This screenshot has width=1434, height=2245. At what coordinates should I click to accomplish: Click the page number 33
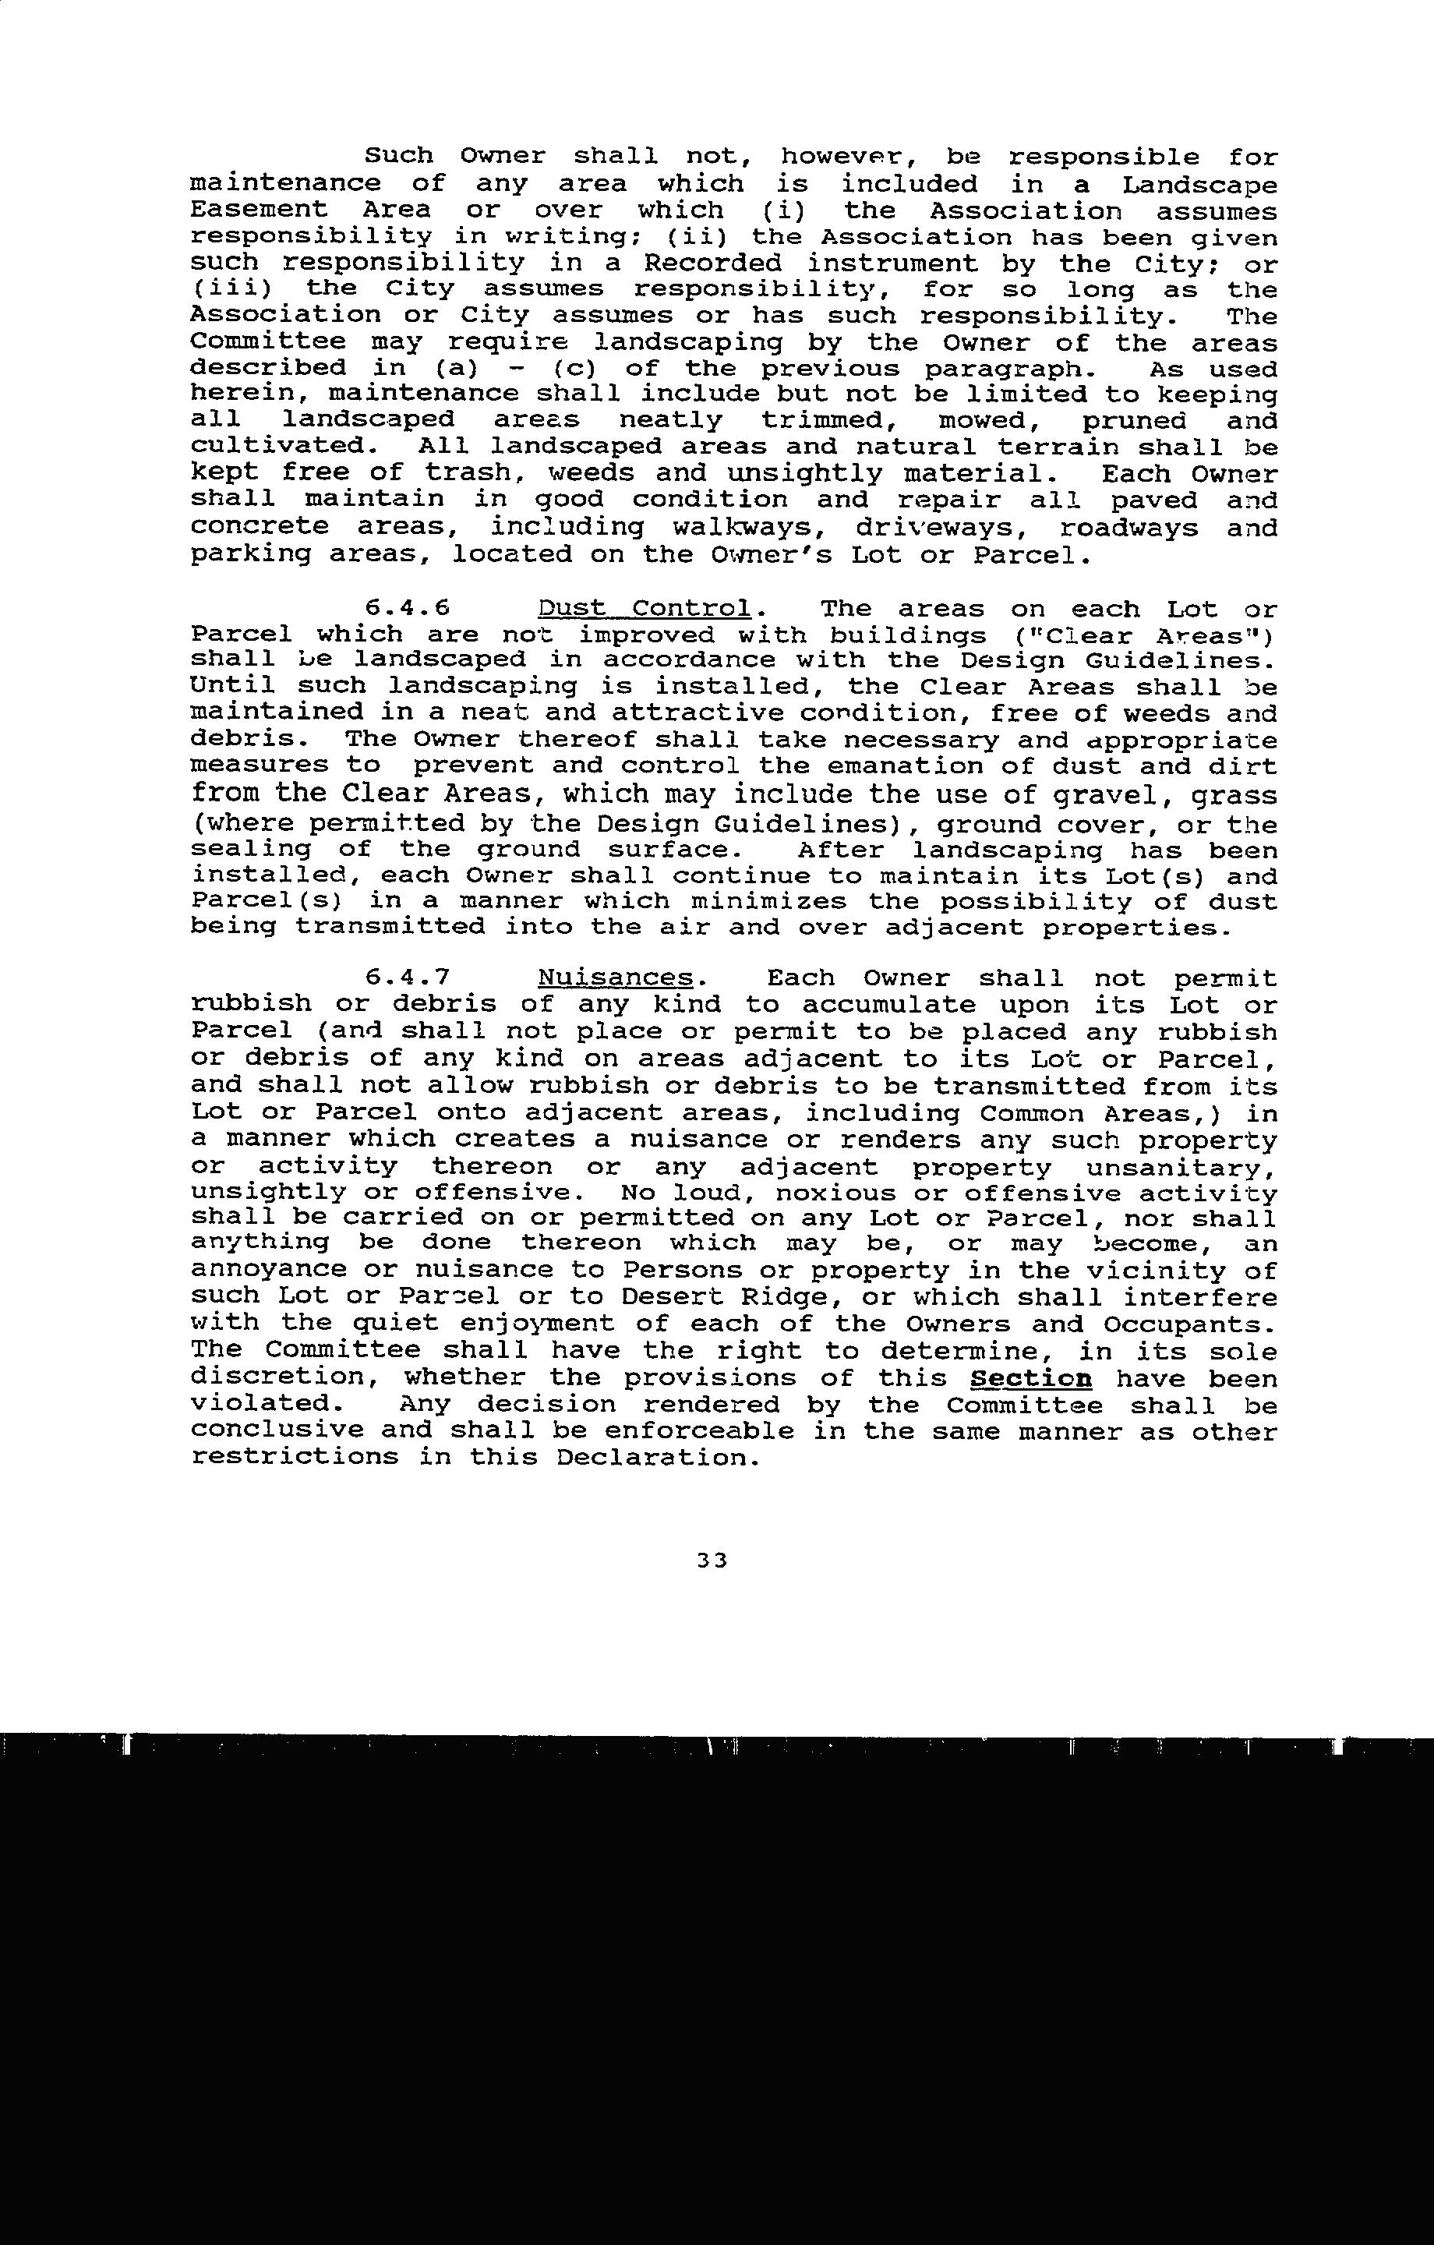click(712, 1560)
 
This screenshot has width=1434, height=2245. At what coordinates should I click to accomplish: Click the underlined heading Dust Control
click(645, 609)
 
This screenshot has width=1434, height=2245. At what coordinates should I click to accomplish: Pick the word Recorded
click(713, 263)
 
